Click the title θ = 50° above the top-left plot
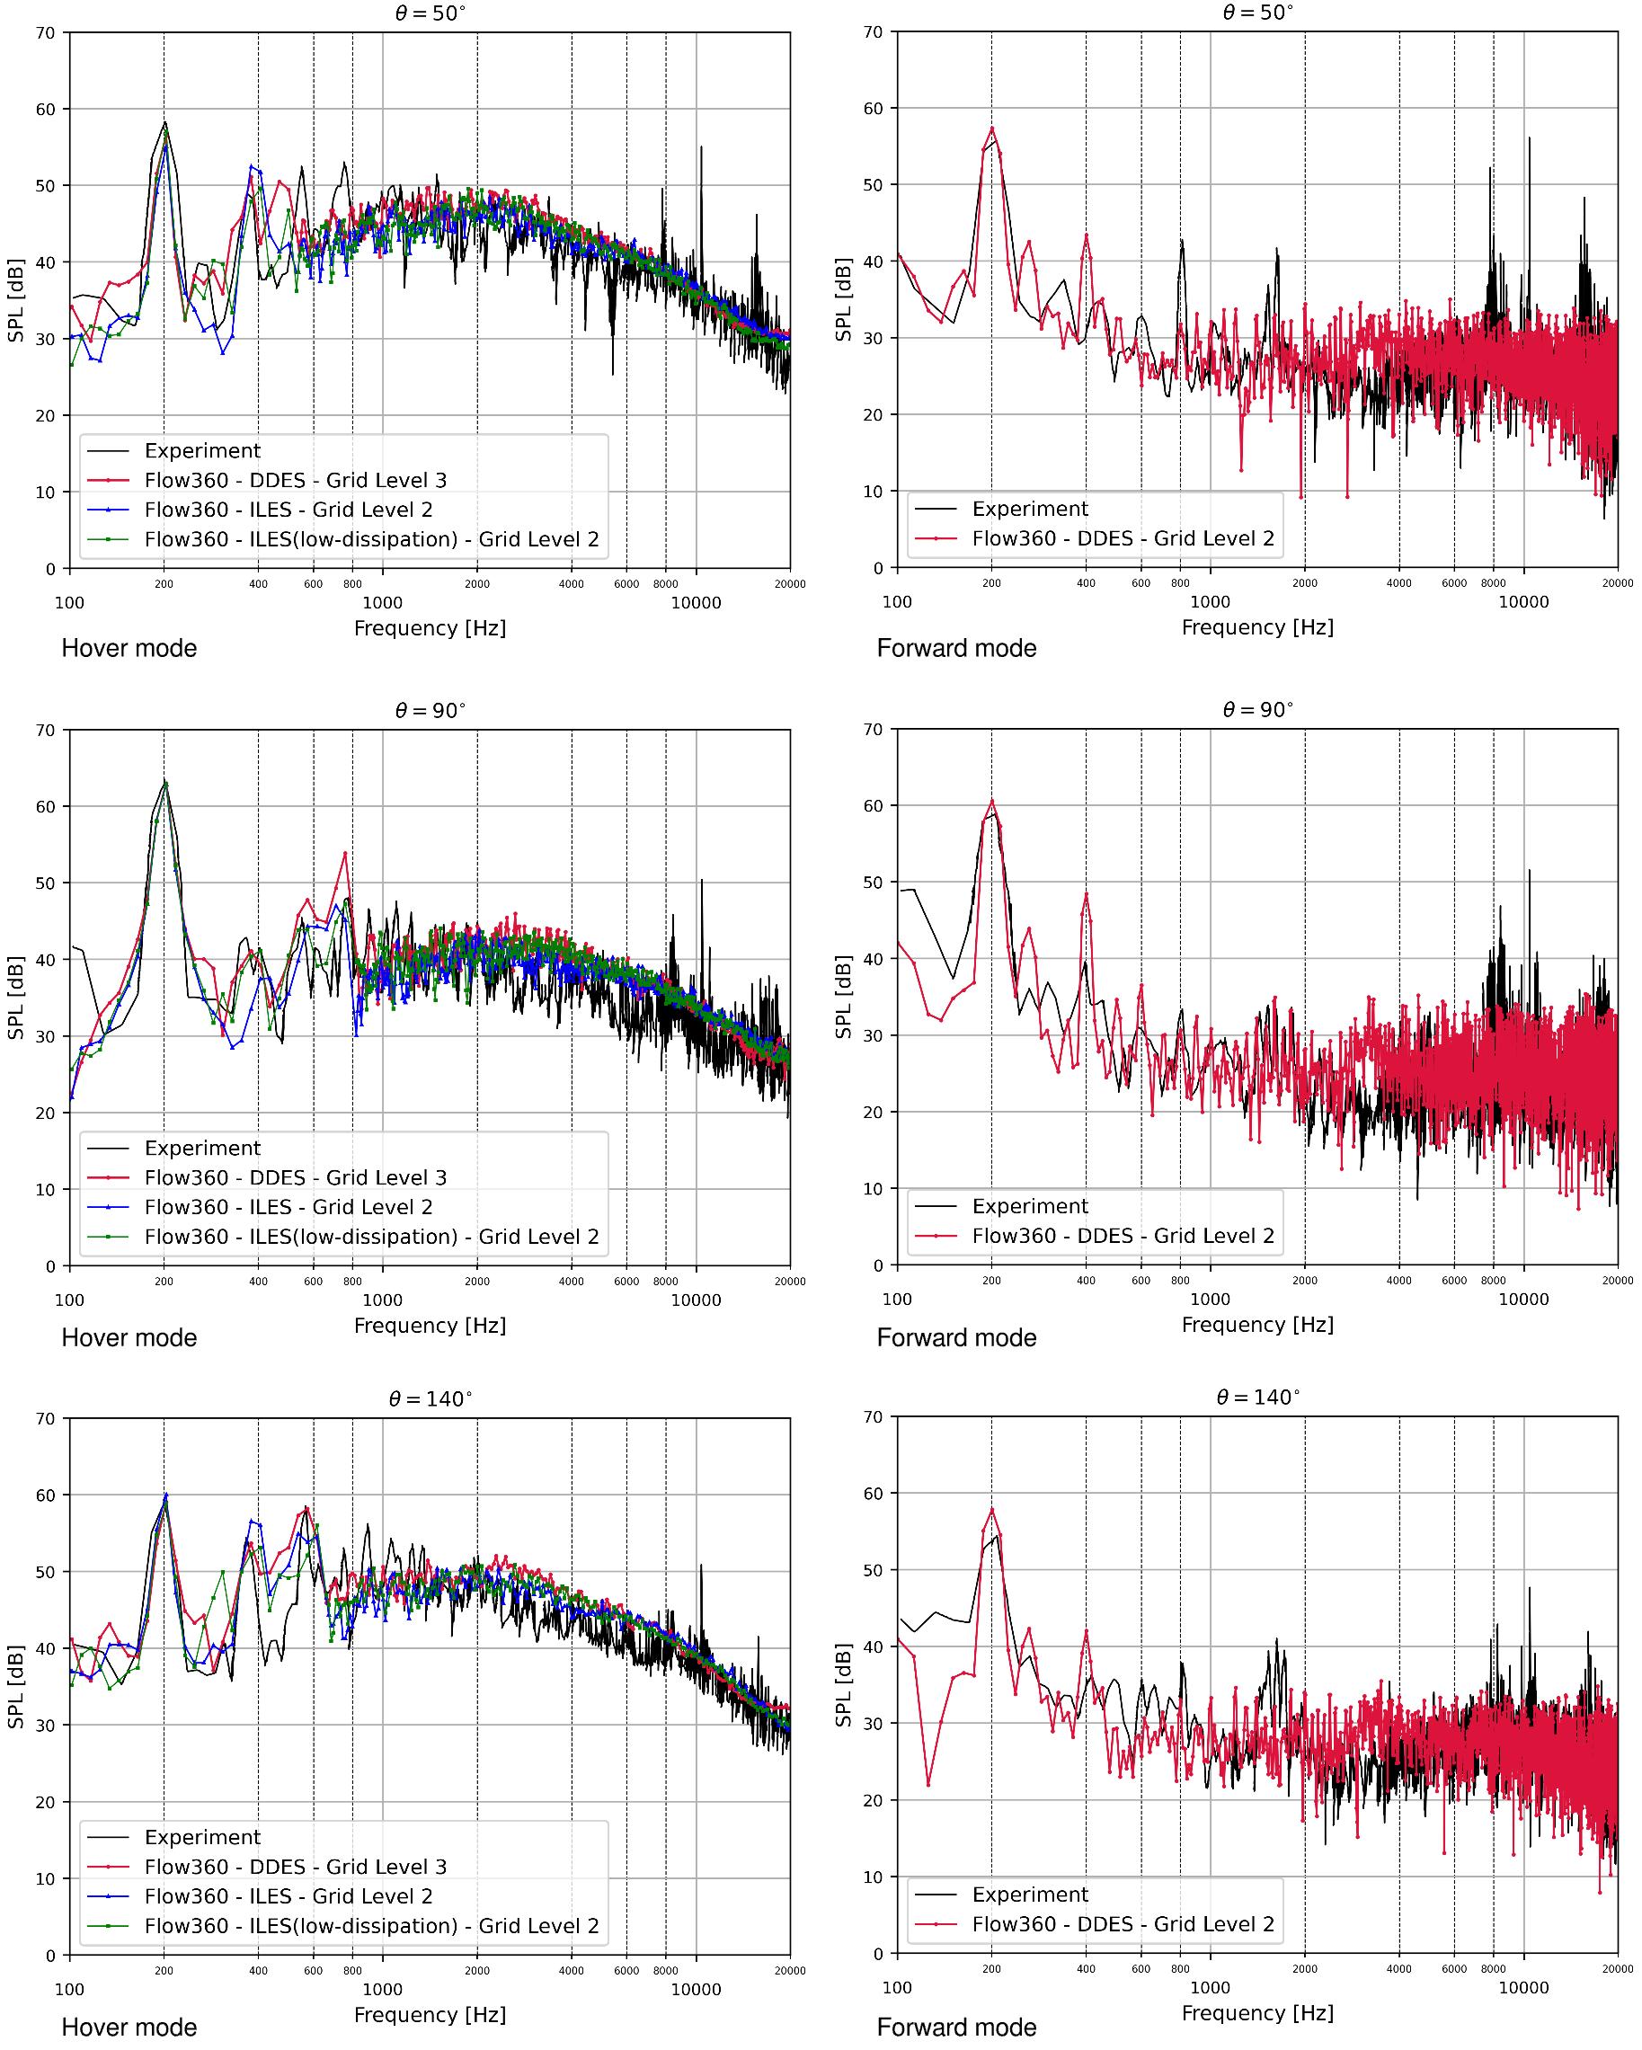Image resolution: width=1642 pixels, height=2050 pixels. pos(430,13)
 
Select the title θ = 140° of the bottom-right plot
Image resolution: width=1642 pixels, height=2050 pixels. pos(1257,1397)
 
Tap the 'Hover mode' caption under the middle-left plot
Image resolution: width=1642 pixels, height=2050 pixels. pos(129,1337)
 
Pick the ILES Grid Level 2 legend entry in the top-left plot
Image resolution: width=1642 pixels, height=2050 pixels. pos(288,510)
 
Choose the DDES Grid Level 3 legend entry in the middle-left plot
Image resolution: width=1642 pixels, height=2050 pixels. pos(295,1177)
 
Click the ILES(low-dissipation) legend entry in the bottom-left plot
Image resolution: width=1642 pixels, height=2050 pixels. pos(371,1925)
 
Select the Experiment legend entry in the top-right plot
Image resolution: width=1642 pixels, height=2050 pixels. pos(1029,509)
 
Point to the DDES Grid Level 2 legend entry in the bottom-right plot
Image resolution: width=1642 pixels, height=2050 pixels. pos(1122,1923)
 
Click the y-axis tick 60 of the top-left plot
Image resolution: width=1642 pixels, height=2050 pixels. pos(46,110)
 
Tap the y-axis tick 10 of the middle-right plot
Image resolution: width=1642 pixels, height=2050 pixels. pos(873,1188)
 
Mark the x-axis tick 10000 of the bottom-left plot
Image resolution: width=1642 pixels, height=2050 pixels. pos(696,1989)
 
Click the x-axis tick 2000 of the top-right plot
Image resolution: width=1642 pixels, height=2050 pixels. pos(1304,583)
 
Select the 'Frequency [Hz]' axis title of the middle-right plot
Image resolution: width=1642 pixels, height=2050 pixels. pos(1257,1325)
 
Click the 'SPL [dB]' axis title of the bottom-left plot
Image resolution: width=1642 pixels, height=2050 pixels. pos(15,1687)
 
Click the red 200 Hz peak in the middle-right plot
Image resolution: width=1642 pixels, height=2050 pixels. pos(991,801)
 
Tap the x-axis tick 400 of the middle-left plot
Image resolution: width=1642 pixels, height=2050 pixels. pos(258,1281)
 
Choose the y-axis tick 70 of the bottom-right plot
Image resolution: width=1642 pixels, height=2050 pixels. pos(873,1416)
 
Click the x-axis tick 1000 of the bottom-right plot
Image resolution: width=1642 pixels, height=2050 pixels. pos(1210,1987)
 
